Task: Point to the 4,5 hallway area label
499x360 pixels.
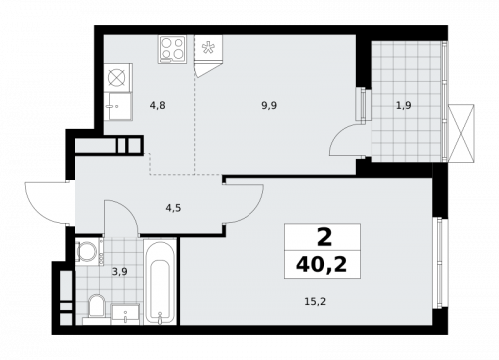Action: point(173,207)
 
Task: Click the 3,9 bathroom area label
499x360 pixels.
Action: point(118,269)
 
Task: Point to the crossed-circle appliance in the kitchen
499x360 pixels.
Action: point(118,76)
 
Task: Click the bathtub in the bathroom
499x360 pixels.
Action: point(158,281)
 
